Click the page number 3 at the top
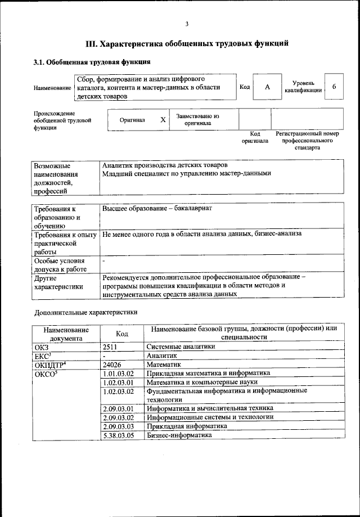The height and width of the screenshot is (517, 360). [187, 23]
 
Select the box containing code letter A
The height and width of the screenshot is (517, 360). [267, 87]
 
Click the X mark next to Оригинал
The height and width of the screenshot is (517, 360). [163, 120]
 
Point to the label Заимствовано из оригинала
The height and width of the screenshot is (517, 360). [197, 119]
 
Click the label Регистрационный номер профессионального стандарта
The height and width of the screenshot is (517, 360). [307, 141]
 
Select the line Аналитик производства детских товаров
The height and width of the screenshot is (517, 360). [165, 165]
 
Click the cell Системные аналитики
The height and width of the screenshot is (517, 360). [181, 347]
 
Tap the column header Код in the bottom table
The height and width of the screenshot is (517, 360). [121, 334]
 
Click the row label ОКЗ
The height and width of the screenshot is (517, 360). [42, 347]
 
